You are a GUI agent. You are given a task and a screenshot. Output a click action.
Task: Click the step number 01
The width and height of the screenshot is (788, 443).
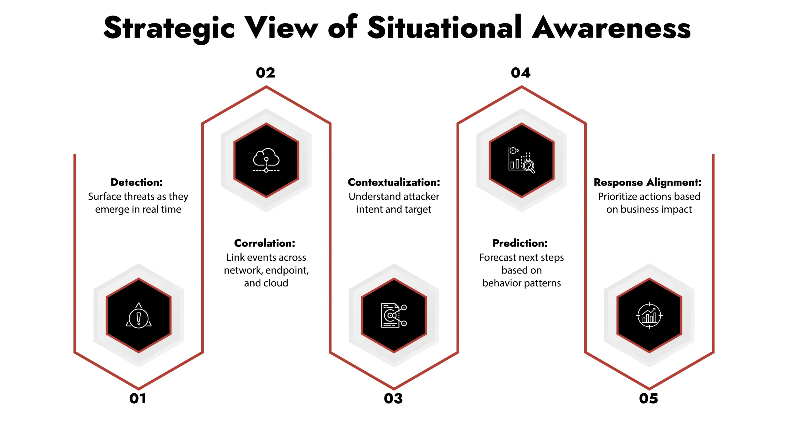point(138,399)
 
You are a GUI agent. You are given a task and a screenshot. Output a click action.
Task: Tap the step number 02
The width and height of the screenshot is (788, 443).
point(265,73)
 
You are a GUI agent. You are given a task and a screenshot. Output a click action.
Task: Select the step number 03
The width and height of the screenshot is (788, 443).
point(393,399)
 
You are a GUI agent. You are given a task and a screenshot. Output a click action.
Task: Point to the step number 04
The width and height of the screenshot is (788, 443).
point(521,73)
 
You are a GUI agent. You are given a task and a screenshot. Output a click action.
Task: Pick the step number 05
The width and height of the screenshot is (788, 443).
point(648,399)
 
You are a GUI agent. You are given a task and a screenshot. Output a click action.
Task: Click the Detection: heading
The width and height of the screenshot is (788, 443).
point(137,182)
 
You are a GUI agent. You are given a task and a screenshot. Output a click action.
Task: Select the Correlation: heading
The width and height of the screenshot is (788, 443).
point(265,243)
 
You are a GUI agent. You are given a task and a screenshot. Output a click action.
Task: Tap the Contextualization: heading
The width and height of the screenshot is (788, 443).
point(394,182)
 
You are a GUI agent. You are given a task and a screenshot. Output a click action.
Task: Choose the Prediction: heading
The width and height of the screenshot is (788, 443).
point(520,243)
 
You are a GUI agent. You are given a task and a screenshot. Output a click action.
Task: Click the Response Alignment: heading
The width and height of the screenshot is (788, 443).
point(648,182)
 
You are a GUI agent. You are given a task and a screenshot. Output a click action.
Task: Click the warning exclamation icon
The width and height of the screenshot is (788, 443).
point(139,316)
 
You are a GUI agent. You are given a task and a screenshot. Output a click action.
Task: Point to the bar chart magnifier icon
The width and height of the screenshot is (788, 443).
point(521,160)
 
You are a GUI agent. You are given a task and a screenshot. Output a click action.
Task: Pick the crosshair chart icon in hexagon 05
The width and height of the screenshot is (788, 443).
point(649,316)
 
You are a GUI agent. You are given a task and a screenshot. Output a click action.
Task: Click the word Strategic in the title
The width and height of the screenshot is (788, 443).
point(169,28)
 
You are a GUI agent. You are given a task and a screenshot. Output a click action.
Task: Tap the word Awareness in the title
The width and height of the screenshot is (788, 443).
point(611,28)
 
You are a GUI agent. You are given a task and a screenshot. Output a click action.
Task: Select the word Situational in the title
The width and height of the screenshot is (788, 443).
point(444,28)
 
